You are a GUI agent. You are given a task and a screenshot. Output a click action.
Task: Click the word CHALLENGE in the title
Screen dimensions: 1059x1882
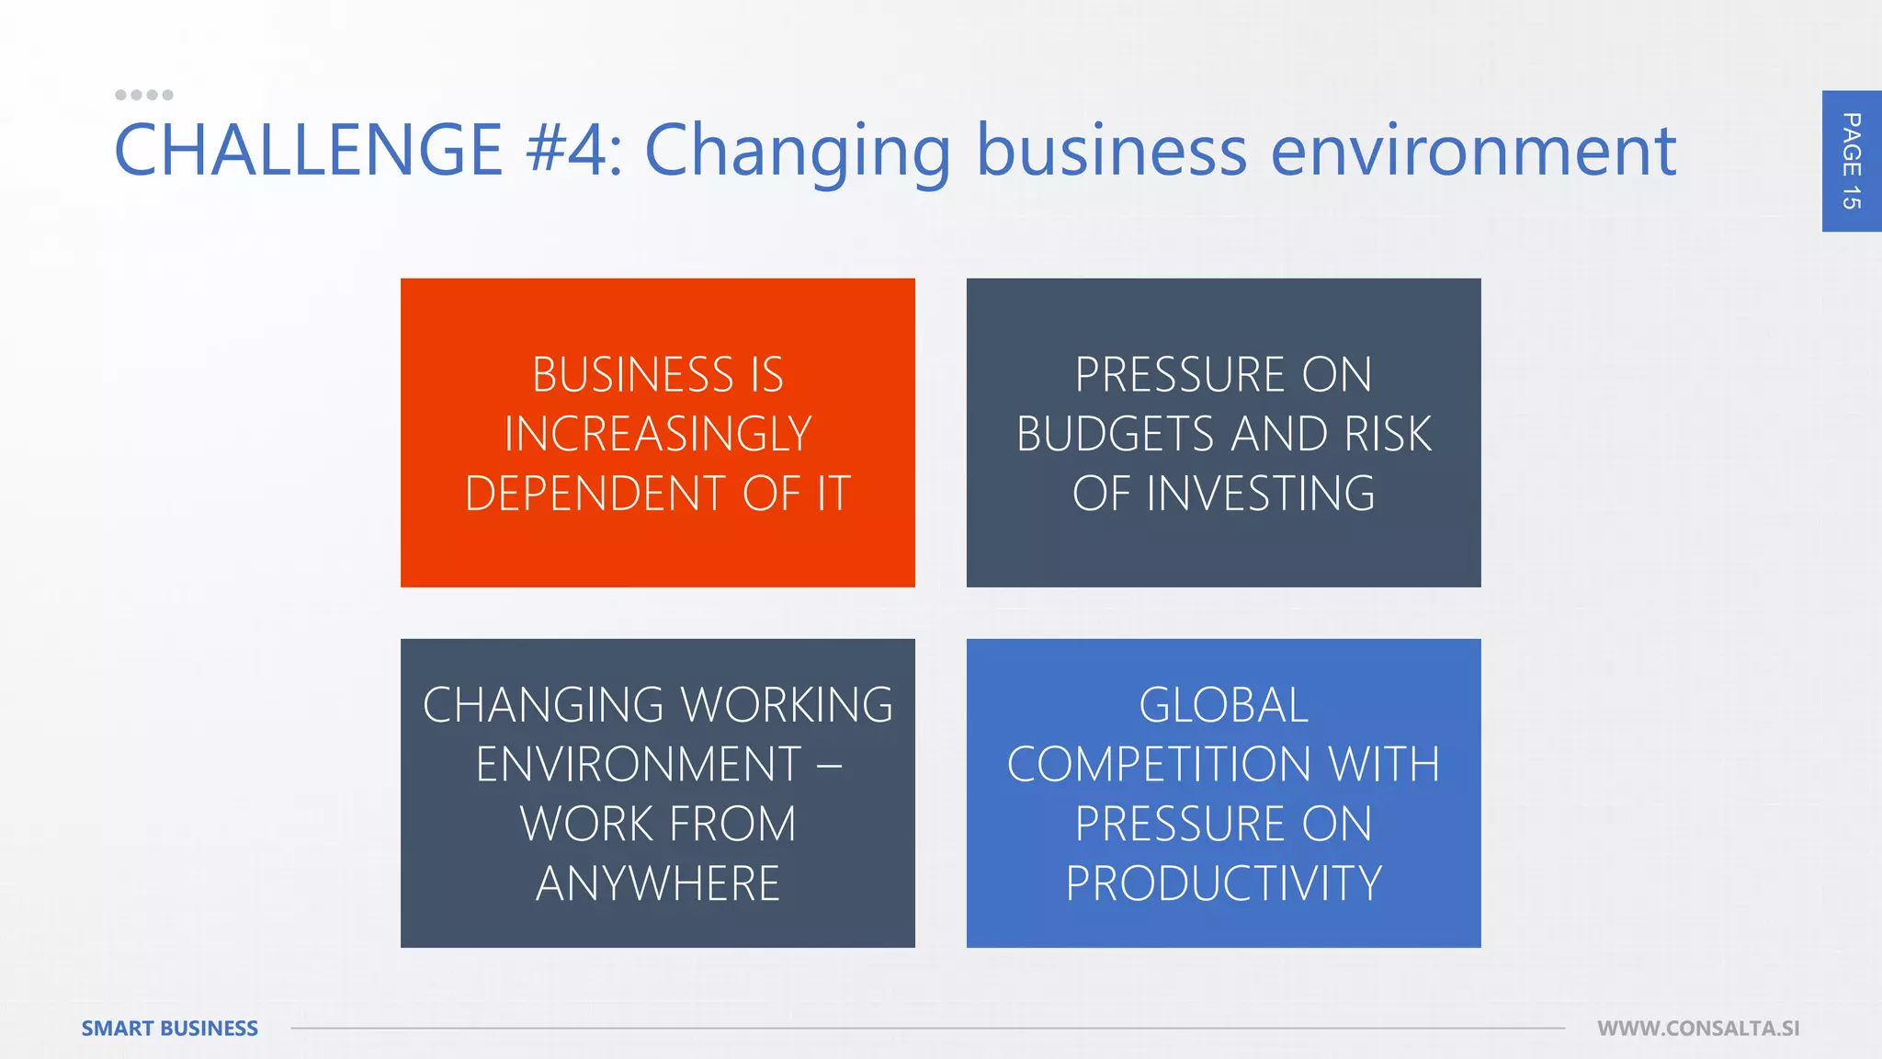[308, 150]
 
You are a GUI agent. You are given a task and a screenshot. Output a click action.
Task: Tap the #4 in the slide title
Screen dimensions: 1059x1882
[567, 150]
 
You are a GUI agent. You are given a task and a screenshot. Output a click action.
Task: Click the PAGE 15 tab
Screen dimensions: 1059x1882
[1851, 161]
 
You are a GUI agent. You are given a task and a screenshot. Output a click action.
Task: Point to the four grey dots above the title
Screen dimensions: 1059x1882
[144, 95]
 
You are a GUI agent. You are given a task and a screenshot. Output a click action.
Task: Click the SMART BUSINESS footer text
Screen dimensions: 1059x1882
[170, 1028]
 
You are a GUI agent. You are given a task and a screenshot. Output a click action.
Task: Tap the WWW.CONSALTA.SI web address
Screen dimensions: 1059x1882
[1698, 1028]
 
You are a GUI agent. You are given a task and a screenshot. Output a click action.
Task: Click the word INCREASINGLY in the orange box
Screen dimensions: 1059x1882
[658, 434]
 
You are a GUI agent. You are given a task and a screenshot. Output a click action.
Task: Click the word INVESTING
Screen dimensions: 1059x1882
[1261, 494]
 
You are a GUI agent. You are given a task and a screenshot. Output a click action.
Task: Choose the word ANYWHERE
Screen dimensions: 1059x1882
[658, 883]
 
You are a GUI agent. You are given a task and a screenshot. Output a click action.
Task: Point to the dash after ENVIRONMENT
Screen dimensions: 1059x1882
[829, 765]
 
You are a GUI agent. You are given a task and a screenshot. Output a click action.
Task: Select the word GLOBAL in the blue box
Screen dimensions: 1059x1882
[1223, 705]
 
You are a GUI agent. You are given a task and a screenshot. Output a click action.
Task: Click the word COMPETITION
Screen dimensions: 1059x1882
[1159, 765]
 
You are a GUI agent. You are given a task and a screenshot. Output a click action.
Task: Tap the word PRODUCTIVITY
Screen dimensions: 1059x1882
[1223, 883]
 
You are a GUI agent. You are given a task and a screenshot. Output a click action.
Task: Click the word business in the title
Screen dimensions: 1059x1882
[1111, 150]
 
